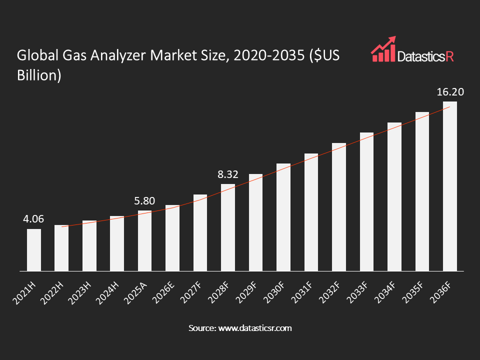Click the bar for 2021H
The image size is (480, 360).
(x=34, y=250)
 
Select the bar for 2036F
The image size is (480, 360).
(x=450, y=186)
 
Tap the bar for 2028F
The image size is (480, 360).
(x=228, y=227)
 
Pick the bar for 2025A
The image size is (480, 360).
(x=145, y=241)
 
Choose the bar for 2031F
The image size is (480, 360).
(x=311, y=212)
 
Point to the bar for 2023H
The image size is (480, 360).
(x=89, y=245)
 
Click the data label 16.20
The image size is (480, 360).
(x=450, y=92)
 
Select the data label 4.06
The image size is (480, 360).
(x=33, y=219)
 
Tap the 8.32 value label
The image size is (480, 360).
(x=227, y=174)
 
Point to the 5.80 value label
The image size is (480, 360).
(x=144, y=201)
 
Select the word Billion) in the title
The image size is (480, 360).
(x=39, y=75)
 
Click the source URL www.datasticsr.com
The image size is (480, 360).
(x=253, y=328)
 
